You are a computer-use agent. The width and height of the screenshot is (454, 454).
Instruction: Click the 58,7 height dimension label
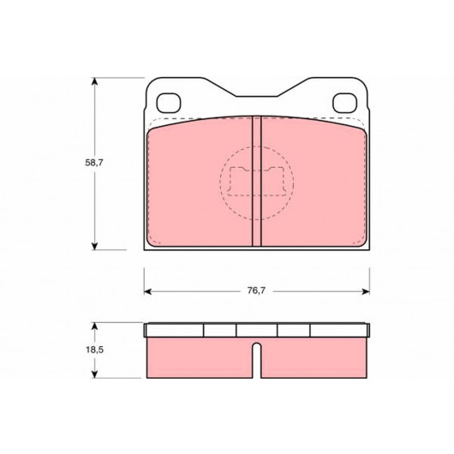pyautogui.click(x=94, y=163)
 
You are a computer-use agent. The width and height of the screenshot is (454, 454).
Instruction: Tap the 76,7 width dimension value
pyautogui.click(x=256, y=290)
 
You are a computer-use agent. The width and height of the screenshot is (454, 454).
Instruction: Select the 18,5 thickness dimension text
pyautogui.click(x=94, y=349)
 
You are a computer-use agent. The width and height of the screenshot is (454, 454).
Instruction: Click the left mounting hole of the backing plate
pyautogui.click(x=169, y=103)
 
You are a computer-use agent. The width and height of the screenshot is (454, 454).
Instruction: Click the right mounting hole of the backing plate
pyautogui.click(x=344, y=103)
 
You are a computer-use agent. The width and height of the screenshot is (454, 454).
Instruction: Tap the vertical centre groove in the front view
pyautogui.click(x=256, y=182)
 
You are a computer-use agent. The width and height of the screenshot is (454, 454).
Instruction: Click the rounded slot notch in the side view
pyautogui.click(x=257, y=360)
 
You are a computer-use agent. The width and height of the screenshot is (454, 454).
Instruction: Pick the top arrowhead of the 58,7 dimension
pyautogui.click(x=94, y=81)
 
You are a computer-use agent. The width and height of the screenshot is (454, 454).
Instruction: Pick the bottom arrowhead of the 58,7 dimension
pyautogui.click(x=94, y=246)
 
